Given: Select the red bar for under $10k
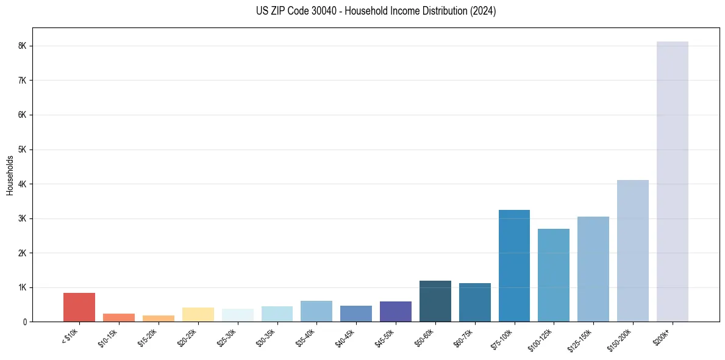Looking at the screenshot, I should [x=79, y=308].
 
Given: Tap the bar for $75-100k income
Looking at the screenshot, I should [x=514, y=266].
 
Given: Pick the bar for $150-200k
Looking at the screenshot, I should [x=632, y=251].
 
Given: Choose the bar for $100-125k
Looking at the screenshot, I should [x=554, y=275].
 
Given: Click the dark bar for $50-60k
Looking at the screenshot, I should [x=435, y=301].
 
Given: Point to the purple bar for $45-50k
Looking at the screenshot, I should [x=395, y=312].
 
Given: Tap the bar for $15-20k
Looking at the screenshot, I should [x=158, y=319].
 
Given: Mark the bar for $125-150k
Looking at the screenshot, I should [x=593, y=269].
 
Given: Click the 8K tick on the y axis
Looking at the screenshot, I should [x=23, y=46].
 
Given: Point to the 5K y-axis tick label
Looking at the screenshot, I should [x=23, y=149].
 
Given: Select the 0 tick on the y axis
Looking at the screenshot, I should [x=25, y=322].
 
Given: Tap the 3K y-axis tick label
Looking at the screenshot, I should [x=23, y=218].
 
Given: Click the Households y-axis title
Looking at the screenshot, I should [x=10, y=175].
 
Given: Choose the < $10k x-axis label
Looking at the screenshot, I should [x=71, y=336].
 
